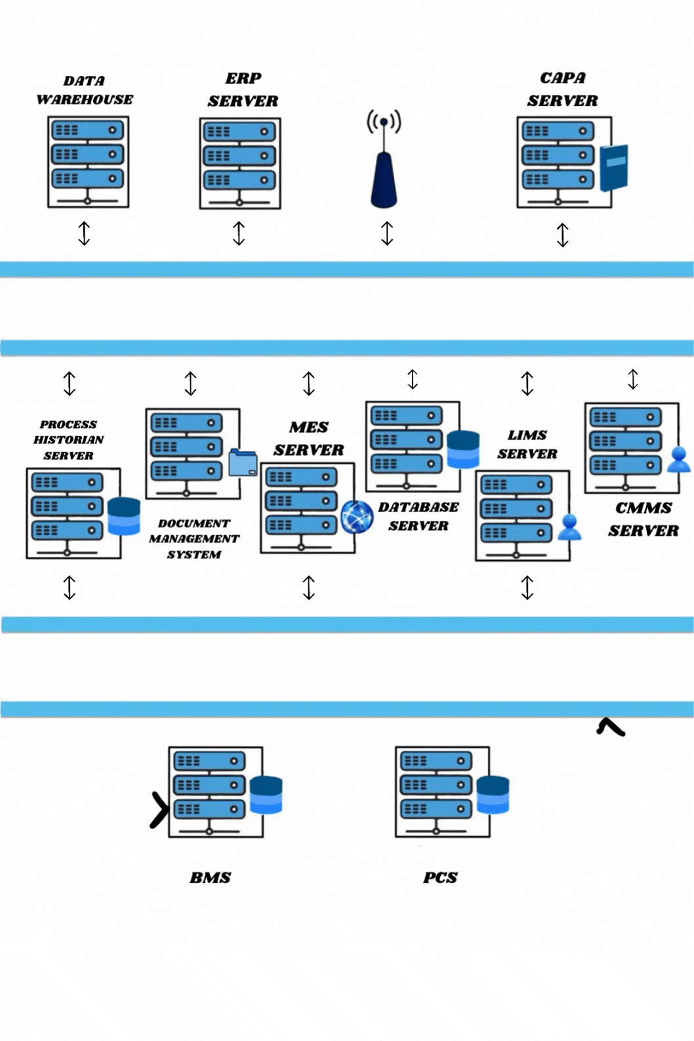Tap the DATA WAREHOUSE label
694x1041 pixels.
(x=85, y=91)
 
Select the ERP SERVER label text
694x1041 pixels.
(x=243, y=90)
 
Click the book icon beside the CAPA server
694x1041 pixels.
(x=614, y=168)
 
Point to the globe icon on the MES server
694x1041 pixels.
(x=357, y=516)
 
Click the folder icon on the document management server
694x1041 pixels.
(x=243, y=462)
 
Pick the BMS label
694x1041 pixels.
(x=211, y=878)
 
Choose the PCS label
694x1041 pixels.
(x=440, y=878)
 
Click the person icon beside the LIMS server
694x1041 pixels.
(x=569, y=527)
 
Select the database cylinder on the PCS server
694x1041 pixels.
(x=493, y=794)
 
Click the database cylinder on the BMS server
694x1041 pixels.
(x=266, y=795)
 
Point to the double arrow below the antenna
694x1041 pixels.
(x=387, y=234)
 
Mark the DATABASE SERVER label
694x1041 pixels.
(x=418, y=516)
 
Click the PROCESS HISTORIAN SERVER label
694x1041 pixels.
(x=68, y=440)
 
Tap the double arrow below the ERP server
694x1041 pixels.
(x=239, y=234)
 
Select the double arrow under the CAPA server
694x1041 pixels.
(x=562, y=235)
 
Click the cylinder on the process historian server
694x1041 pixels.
(x=124, y=516)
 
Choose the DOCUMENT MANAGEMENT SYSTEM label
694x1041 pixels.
(x=194, y=539)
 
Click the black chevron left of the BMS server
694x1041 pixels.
(x=159, y=810)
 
